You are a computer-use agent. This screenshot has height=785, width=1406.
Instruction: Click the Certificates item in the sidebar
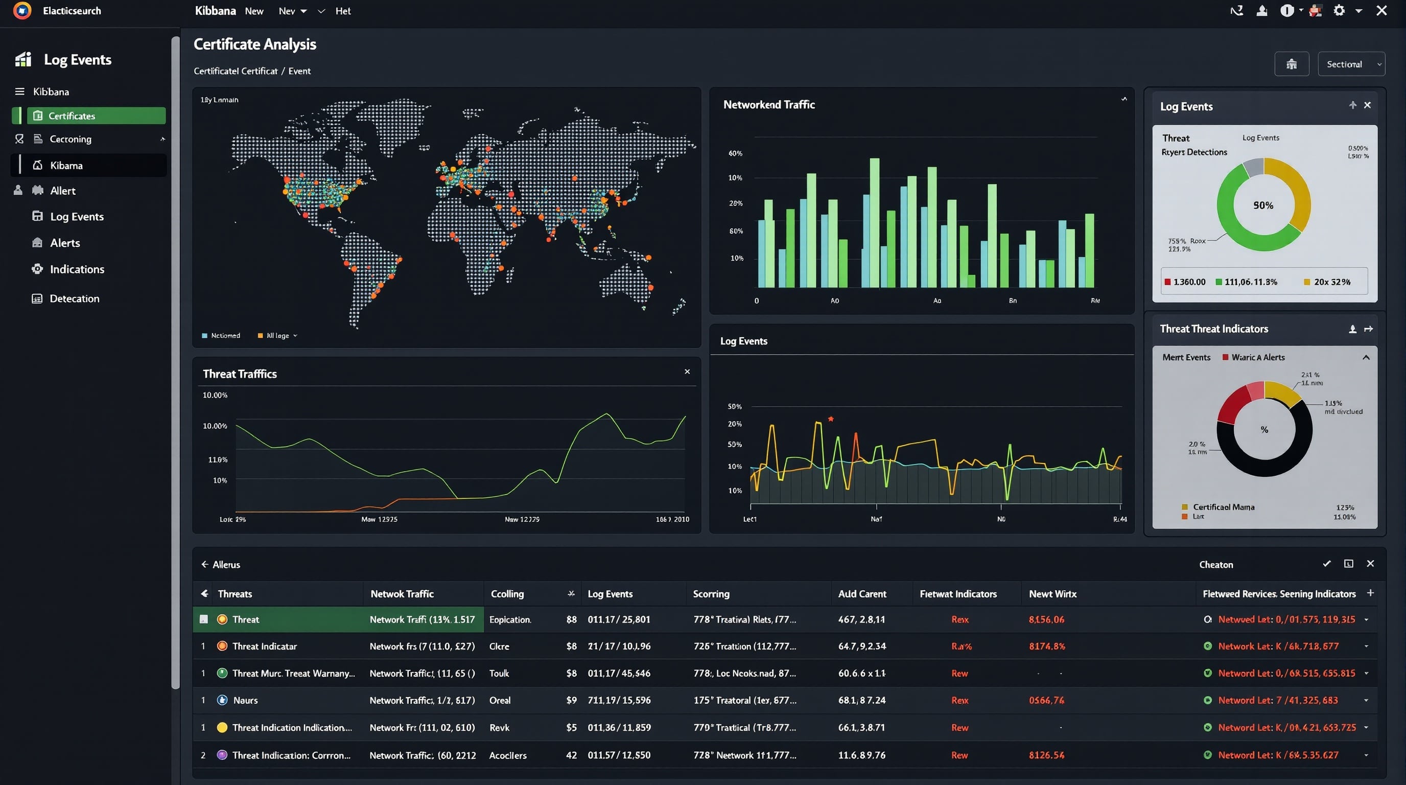click(x=72, y=116)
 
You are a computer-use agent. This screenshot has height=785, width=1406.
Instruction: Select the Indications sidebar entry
click(x=77, y=269)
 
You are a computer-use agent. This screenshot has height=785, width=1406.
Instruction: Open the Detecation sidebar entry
click(x=74, y=298)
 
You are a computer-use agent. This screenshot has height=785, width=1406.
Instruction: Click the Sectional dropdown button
click(x=1351, y=64)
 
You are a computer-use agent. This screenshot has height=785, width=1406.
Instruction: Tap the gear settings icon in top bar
click(x=1339, y=10)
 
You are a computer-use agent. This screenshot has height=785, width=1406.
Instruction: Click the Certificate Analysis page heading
click(x=255, y=44)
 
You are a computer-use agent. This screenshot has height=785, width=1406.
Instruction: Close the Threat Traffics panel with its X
click(x=687, y=372)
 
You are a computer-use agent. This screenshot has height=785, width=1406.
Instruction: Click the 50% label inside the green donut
click(x=1263, y=205)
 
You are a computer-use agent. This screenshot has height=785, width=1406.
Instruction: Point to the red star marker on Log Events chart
click(x=831, y=419)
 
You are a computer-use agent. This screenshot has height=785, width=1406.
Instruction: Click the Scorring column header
click(x=711, y=594)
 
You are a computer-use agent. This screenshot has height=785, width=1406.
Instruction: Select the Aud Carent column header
click(x=862, y=594)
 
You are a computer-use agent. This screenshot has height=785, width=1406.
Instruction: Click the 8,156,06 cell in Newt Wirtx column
click(x=1046, y=619)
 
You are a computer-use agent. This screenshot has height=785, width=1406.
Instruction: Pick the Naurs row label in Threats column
click(x=245, y=700)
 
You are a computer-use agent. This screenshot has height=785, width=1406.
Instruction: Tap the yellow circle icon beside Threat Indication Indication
click(x=222, y=728)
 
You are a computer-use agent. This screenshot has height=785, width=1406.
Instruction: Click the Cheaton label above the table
click(x=1215, y=564)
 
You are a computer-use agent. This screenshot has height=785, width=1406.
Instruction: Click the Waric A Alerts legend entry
click(x=1257, y=358)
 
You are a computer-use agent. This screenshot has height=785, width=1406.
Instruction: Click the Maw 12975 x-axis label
click(x=379, y=519)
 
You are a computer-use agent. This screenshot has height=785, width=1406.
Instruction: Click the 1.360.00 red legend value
click(x=1189, y=282)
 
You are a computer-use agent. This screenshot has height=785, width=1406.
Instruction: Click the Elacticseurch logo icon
click(x=22, y=10)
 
